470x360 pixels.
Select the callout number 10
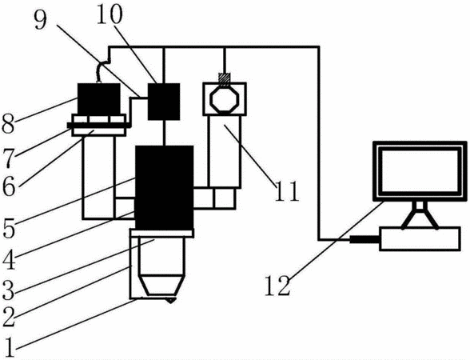coord(110,14)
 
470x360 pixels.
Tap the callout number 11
coord(286,190)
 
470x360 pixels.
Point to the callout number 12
coord(277,286)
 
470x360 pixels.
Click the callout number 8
coord(8,124)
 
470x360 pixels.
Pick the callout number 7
coord(8,158)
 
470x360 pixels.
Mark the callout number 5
coord(8,229)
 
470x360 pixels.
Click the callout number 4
coord(9,260)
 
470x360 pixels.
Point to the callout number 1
coord(10,347)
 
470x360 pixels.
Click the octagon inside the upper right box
coord(224,99)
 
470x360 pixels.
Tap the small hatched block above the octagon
coord(224,78)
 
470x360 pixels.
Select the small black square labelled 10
coord(164,102)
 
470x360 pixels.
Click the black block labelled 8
coord(99,98)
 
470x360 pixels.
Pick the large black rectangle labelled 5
coord(165,187)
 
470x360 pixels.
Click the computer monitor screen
coord(420,171)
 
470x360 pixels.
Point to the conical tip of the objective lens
coord(161,285)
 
